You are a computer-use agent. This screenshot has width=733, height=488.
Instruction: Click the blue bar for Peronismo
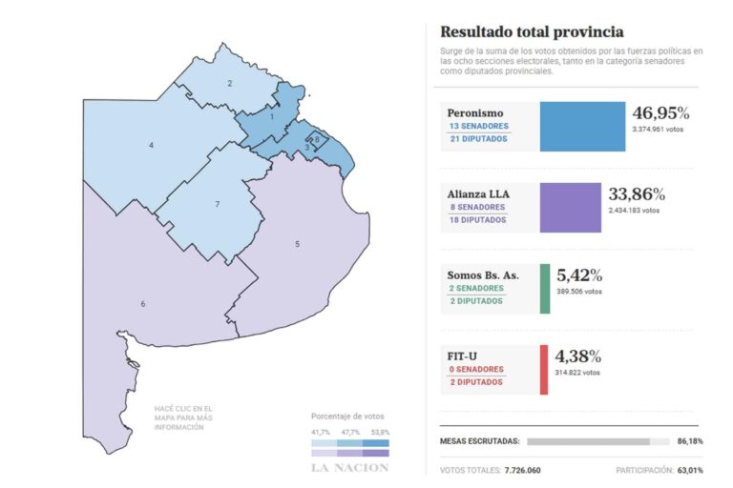click(x=582, y=127)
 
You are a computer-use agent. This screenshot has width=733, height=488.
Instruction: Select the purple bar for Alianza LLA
click(x=571, y=208)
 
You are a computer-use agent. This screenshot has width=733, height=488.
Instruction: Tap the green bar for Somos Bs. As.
click(x=545, y=289)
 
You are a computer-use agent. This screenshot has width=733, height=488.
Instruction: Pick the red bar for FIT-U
click(x=544, y=370)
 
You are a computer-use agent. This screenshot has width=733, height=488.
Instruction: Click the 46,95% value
click(x=660, y=112)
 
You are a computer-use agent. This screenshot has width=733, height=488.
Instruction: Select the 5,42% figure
click(x=578, y=275)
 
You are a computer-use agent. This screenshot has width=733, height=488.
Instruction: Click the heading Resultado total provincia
click(x=532, y=31)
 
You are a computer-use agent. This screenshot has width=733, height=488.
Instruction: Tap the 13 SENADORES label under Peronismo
click(x=478, y=127)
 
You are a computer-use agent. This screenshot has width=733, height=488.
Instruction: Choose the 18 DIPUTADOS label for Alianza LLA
click(x=477, y=220)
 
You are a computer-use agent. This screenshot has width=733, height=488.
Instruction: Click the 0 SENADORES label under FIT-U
click(x=475, y=370)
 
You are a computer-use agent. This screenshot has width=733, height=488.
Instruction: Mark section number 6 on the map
click(x=143, y=304)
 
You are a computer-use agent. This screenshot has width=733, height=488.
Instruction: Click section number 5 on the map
click(x=297, y=245)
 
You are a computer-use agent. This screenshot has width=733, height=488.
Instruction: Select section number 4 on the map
click(x=151, y=145)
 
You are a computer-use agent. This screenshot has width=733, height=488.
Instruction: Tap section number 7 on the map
click(x=217, y=204)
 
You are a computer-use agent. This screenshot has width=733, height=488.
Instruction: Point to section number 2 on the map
click(x=229, y=84)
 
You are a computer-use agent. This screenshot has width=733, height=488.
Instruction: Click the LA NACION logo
click(x=349, y=467)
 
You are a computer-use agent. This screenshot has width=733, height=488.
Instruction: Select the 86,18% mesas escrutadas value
click(x=689, y=441)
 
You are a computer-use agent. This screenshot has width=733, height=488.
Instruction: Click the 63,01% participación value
click(x=689, y=470)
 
